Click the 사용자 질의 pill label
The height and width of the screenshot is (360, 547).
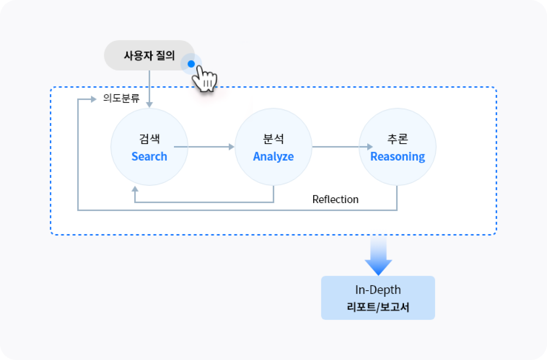coord(149,55)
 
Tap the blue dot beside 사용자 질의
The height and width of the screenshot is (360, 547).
coord(191,64)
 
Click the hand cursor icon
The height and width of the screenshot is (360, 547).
coord(205,78)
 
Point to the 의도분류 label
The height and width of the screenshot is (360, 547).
coord(121,98)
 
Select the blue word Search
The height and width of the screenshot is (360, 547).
coord(149,156)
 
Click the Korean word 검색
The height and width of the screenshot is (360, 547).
coord(150,139)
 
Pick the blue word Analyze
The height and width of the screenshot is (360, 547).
coord(273,157)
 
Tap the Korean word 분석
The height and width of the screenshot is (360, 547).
coord(273,139)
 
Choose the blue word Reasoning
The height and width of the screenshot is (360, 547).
coord(397,157)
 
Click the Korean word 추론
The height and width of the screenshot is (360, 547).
coord(397,139)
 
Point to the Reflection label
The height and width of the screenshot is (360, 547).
coord(335,199)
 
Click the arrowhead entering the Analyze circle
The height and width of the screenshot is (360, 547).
coord(231,147)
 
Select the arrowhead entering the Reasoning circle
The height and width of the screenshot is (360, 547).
coord(370,147)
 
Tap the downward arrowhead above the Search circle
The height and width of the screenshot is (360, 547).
coord(149,105)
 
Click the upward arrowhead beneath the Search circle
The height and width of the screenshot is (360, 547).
coord(135,189)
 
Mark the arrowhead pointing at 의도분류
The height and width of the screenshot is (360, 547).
coord(93,99)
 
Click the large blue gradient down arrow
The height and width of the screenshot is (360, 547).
coord(378,256)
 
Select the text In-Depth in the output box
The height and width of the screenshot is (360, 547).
coord(378,290)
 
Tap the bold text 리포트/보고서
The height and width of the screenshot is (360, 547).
coord(378,307)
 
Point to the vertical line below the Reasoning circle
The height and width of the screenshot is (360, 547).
coord(397,198)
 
